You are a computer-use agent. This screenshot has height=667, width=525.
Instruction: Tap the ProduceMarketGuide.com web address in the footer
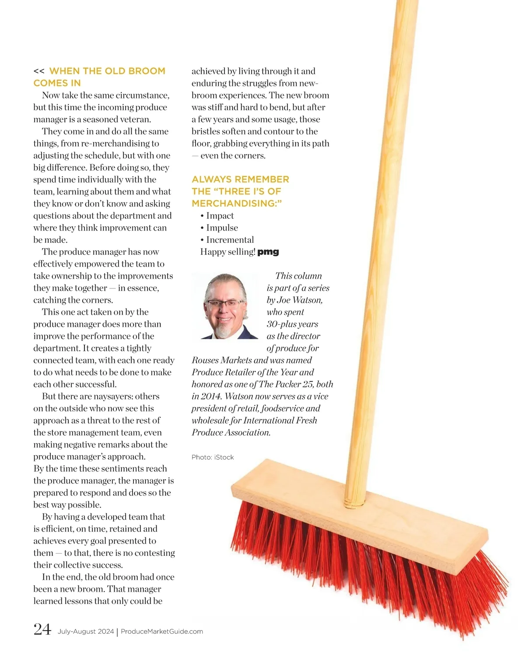161,632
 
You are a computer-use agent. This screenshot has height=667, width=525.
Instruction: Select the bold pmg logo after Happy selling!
268,252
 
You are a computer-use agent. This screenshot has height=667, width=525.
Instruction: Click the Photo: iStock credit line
213,457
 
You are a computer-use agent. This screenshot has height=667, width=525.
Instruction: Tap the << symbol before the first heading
39,71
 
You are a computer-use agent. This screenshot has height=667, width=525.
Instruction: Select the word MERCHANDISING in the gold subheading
234,204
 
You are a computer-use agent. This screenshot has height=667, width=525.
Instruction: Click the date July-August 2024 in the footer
86,632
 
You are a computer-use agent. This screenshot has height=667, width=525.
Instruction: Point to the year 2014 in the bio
211,397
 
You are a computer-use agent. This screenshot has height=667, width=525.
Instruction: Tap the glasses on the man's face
224,303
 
